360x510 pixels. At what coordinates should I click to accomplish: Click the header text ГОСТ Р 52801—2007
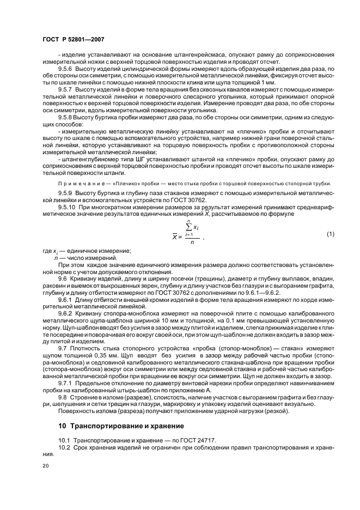pyautogui.click(x=74, y=39)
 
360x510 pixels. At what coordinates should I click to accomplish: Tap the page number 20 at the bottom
pyautogui.click(x=46, y=466)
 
